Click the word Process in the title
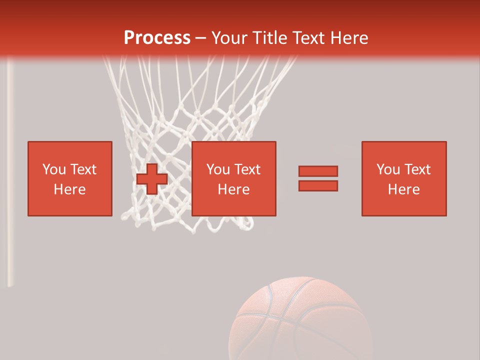tap(157, 37)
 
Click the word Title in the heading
tap(270, 37)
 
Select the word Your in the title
tap(229, 37)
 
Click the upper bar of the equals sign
tap(318, 171)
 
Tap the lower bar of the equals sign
tap(318, 185)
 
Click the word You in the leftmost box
tap(54, 169)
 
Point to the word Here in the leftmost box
tap(70, 189)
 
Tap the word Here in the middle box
tap(233, 189)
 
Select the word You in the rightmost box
tap(388, 169)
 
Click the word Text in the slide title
tap(308, 37)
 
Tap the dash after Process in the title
tap(200, 38)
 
